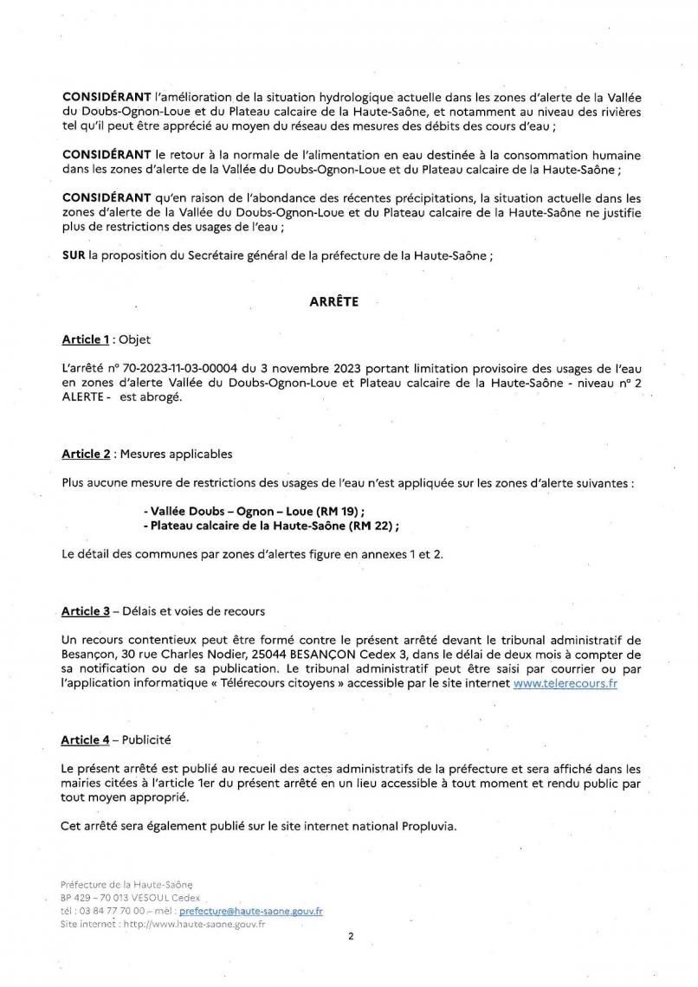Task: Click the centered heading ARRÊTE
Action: coord(333,302)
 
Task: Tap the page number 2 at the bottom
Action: coord(351,936)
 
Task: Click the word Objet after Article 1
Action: coord(135,339)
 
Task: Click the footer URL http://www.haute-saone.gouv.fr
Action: coord(193,924)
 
